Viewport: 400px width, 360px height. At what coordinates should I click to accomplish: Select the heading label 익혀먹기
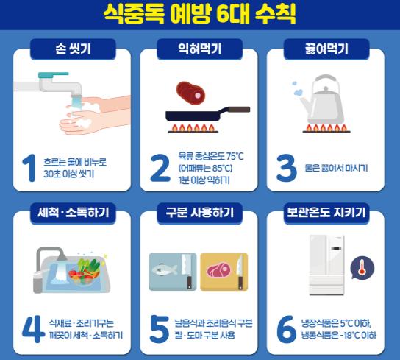[200, 51]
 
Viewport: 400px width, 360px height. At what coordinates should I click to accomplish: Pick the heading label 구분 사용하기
[200, 213]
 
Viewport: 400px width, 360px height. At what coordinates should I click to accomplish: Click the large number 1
[29, 168]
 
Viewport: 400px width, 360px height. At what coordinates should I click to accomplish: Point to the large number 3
[286, 168]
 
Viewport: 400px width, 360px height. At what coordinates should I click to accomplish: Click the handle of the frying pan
[237, 110]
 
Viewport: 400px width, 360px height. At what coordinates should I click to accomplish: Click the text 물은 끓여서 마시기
[337, 169]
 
